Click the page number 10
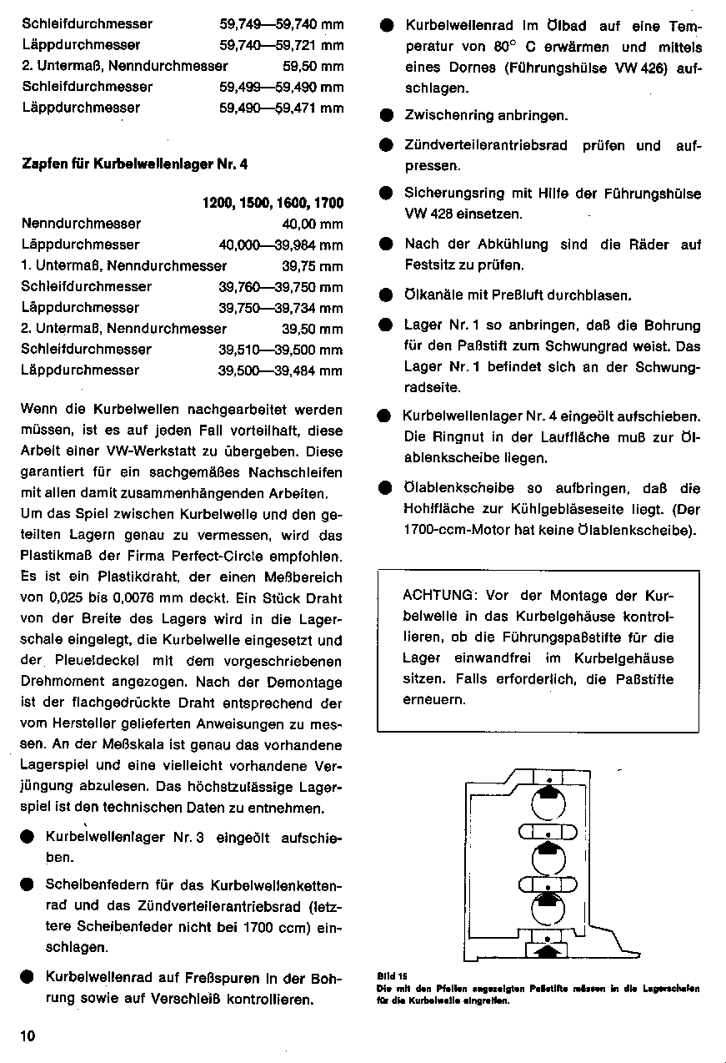(x=28, y=1036)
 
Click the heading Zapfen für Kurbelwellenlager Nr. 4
(x=134, y=164)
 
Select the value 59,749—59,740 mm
(x=281, y=24)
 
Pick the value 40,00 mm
(x=313, y=224)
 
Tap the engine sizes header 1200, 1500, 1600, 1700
(x=273, y=203)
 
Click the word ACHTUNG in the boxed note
(x=438, y=596)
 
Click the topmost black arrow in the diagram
(x=547, y=790)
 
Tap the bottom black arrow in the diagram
(x=547, y=949)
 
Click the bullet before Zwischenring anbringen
(x=386, y=116)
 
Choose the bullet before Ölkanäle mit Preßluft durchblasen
(x=386, y=295)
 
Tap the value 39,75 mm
(x=313, y=266)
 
